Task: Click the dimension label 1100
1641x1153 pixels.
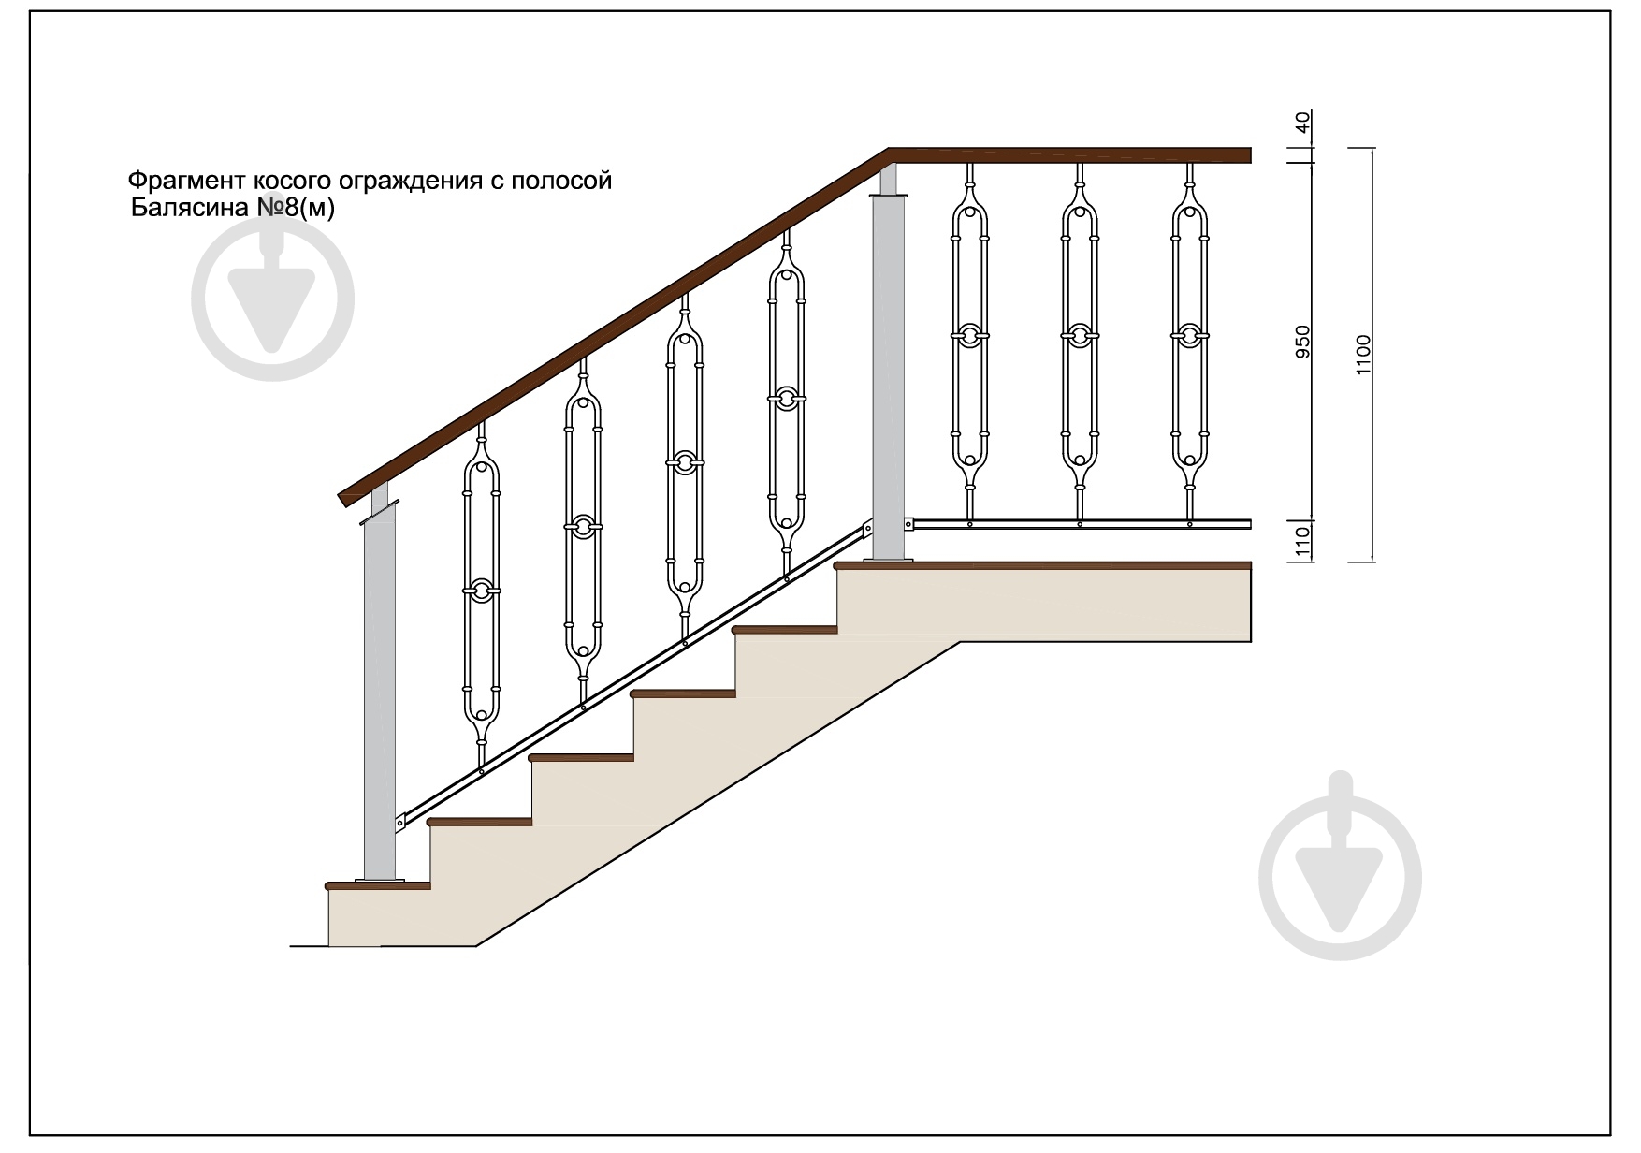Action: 1362,355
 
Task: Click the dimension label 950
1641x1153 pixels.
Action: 1303,343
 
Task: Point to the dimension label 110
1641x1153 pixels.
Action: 1303,542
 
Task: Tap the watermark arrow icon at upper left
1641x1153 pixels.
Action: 273,300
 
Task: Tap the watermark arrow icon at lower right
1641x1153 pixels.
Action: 1341,879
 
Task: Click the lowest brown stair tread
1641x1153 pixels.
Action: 377,885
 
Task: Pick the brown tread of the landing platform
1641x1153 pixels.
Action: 1043,565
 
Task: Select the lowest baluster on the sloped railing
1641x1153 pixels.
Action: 482,595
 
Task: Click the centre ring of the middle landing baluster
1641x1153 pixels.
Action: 1080,335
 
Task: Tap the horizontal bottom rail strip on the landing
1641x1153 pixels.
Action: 1082,524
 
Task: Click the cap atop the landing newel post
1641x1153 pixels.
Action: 889,196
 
